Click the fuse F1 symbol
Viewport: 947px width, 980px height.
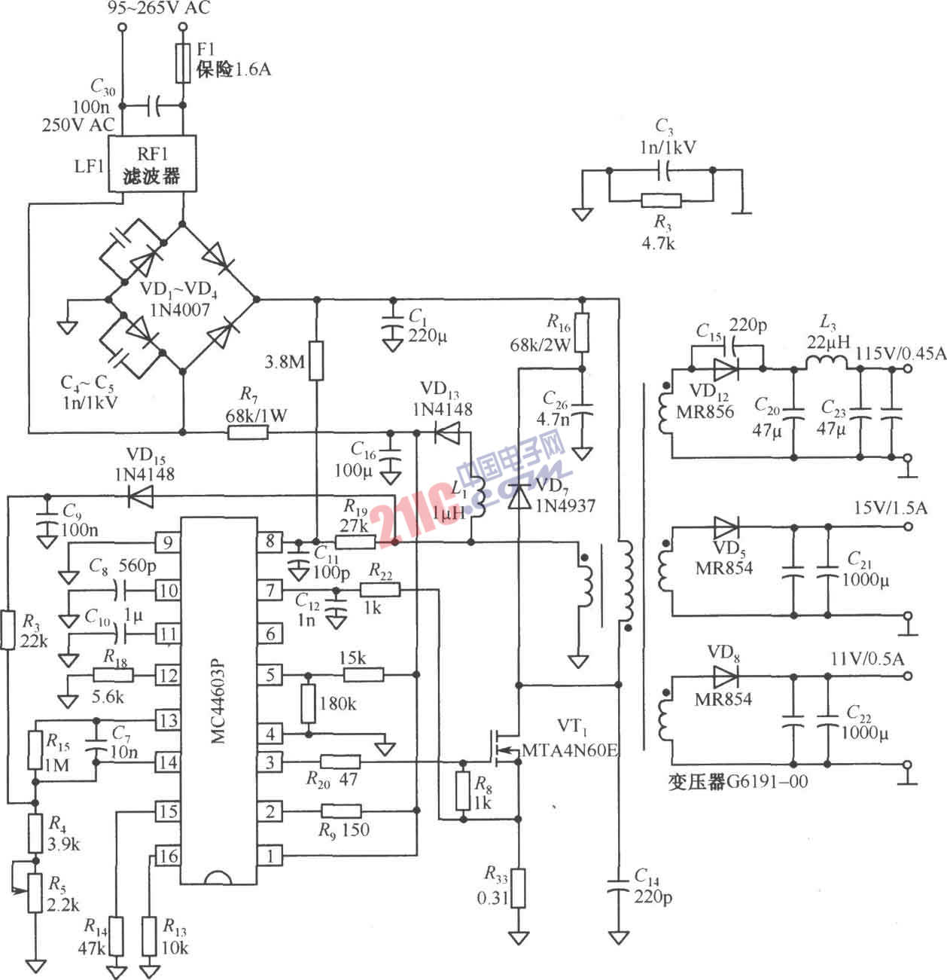(x=182, y=63)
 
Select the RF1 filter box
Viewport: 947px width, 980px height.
(x=153, y=164)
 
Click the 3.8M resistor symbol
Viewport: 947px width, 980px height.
(x=317, y=360)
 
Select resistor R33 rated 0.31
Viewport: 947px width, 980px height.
(x=518, y=888)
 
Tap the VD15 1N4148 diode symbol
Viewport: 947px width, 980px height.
(x=140, y=495)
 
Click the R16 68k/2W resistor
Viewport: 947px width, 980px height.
(x=581, y=333)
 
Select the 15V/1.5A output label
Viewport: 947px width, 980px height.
(x=890, y=508)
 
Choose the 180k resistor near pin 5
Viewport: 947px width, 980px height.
(x=307, y=704)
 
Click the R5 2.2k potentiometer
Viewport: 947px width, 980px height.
(x=35, y=893)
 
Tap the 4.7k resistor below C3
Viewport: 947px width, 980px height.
(x=661, y=200)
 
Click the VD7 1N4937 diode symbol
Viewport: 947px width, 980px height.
(x=518, y=498)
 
